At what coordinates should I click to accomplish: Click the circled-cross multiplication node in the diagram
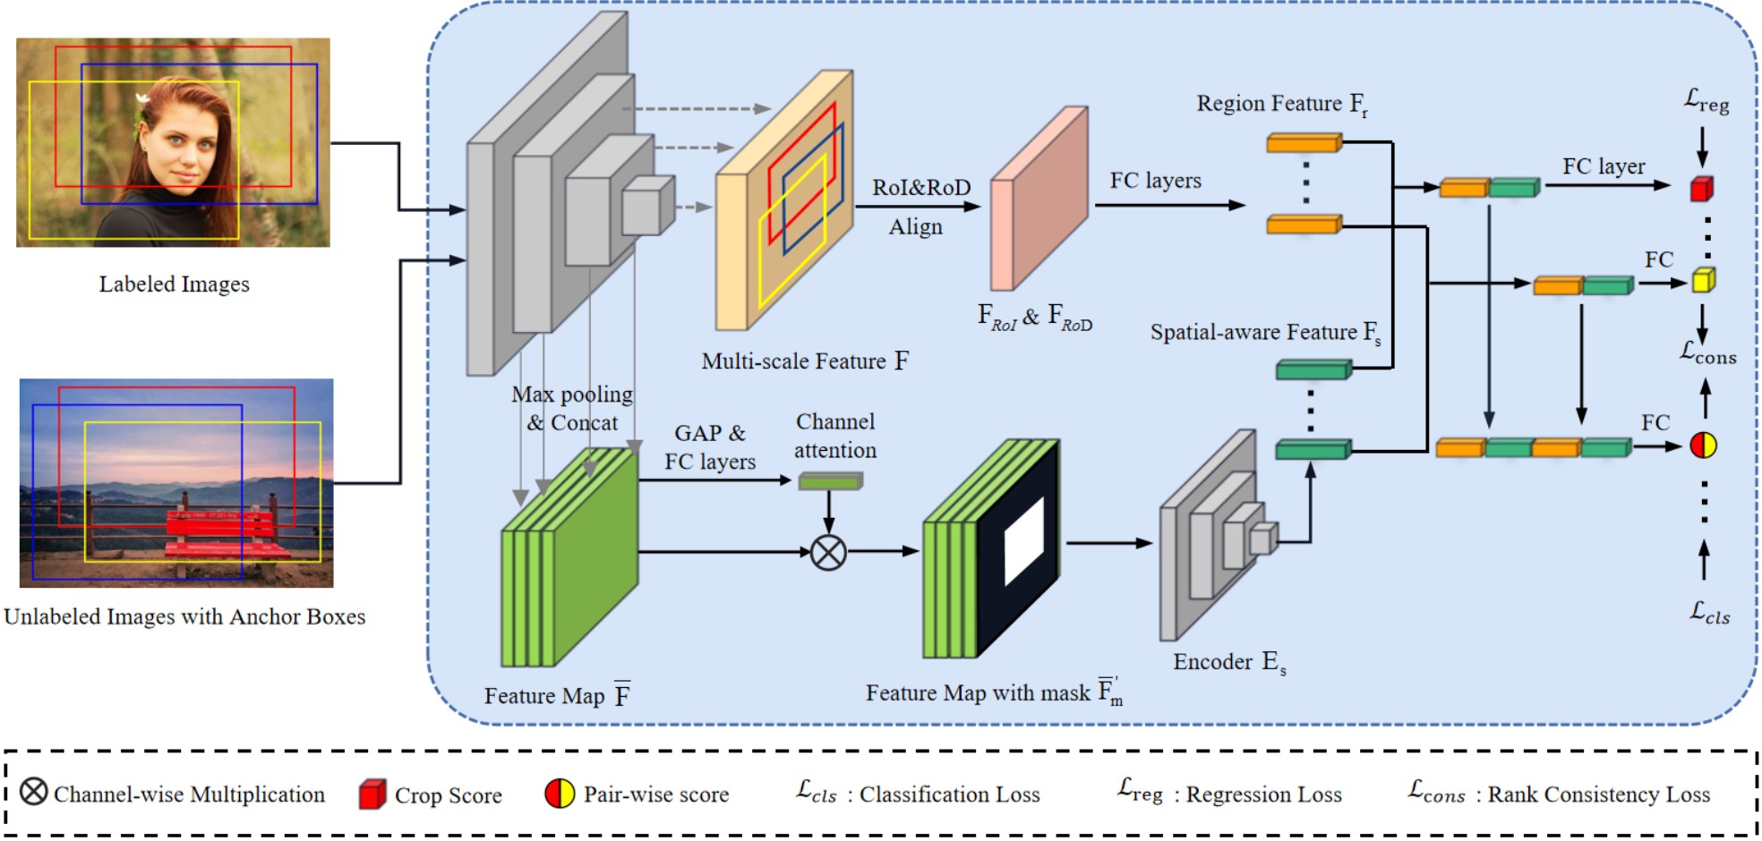828,552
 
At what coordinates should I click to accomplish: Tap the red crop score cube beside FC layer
1701,189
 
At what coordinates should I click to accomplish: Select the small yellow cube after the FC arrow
1703,280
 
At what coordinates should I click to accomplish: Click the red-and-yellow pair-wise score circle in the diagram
1703,445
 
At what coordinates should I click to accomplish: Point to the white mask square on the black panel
1024,541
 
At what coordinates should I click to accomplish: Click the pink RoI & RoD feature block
1039,199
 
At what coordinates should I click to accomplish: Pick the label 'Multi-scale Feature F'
804,361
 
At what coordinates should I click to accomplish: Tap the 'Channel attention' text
835,436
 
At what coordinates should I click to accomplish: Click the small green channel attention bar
830,481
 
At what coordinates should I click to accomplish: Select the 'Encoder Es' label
1228,662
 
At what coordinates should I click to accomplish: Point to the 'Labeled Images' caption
174,285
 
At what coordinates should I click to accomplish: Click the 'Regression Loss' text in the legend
1263,794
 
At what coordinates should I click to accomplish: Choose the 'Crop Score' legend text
448,795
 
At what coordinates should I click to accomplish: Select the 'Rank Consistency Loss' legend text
1598,794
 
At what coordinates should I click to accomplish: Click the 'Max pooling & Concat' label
572,408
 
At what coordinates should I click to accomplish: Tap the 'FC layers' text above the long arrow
1155,181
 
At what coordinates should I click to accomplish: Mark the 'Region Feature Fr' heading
1281,105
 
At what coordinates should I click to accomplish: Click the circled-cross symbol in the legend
33,792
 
